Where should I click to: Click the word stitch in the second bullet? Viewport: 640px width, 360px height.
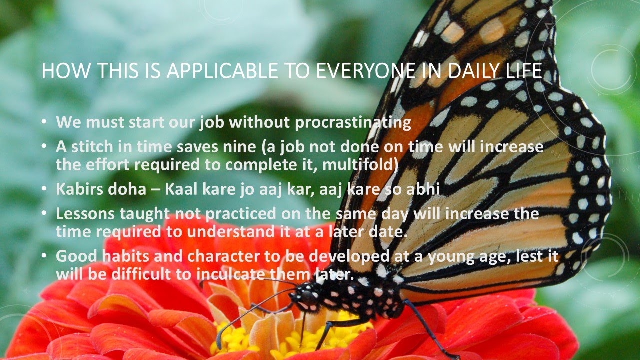coord(89,148)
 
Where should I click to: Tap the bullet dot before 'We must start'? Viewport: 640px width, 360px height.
coord(45,122)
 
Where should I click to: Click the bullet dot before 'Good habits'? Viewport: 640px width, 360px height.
coord(45,255)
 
